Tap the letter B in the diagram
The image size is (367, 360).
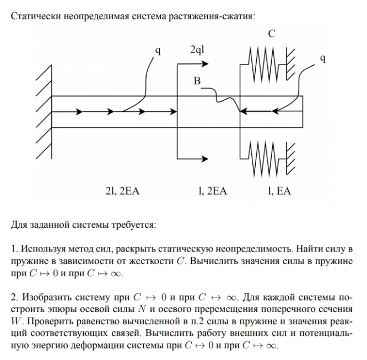pyautogui.click(x=197, y=81)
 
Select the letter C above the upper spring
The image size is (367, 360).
pyautogui.click(x=271, y=34)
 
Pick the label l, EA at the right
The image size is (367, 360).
pyautogui.click(x=279, y=191)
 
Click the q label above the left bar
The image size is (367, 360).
pyautogui.click(x=158, y=51)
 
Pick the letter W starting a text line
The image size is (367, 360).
pyautogui.click(x=16, y=320)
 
